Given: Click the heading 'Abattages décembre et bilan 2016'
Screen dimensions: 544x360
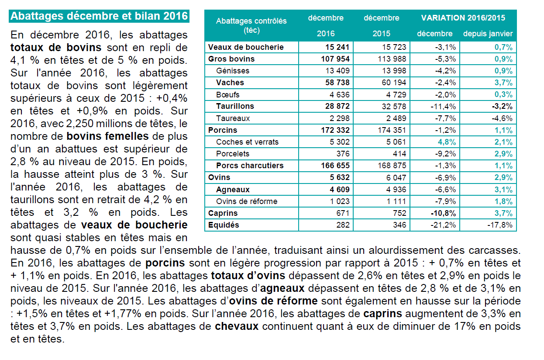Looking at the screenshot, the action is [x=99, y=16].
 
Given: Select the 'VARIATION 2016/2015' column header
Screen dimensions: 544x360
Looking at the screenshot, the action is [x=463, y=18].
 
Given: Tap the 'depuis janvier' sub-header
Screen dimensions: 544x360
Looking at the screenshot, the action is [x=488, y=34].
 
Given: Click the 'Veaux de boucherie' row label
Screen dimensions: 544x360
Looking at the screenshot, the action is [x=246, y=47].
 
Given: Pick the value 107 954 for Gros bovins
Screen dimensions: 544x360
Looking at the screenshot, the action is [x=335, y=59].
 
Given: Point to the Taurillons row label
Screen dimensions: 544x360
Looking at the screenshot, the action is [x=235, y=106].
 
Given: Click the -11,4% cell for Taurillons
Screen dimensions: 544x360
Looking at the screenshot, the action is [x=443, y=107].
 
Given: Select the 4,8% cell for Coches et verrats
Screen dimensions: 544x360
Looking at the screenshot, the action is [x=447, y=142].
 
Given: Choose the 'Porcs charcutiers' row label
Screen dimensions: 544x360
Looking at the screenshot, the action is [x=250, y=166].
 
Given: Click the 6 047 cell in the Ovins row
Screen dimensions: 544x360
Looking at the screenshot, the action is [x=396, y=177].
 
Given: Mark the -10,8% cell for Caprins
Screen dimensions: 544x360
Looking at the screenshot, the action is [x=443, y=213].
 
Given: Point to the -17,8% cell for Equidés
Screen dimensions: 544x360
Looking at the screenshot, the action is [x=500, y=225].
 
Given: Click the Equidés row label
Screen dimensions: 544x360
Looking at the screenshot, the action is [x=224, y=225].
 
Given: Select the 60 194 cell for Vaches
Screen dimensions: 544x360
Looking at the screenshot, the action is [x=394, y=83].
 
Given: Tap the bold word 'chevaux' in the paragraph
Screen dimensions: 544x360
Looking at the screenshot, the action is [x=237, y=326].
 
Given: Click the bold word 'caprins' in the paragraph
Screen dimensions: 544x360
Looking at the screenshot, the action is [x=382, y=314].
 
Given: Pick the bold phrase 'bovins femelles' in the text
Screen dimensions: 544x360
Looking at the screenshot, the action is [x=107, y=136].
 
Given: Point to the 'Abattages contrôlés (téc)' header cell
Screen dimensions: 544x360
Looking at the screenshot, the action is [x=251, y=25].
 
